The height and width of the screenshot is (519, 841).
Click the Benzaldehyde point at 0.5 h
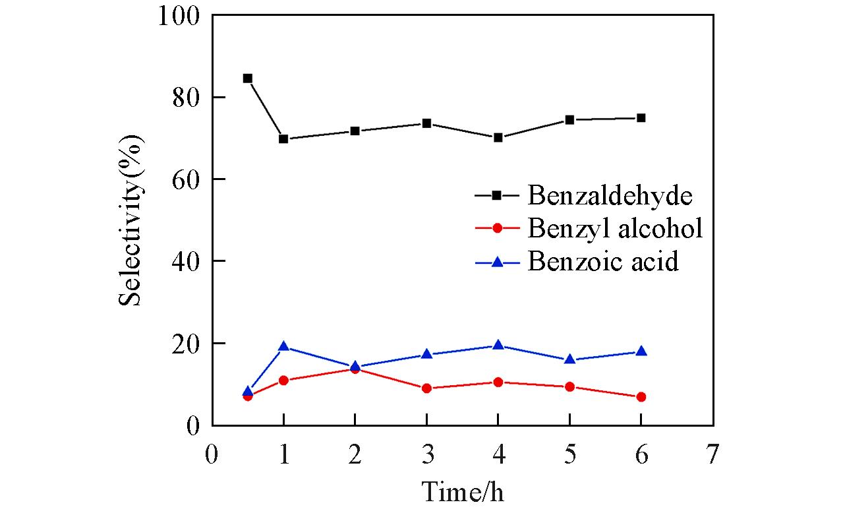[248, 78]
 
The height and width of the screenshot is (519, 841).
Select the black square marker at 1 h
[283, 139]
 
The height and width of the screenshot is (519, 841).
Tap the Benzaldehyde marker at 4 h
[498, 138]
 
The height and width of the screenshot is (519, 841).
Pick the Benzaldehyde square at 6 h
[641, 118]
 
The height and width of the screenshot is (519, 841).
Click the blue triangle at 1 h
[283, 346]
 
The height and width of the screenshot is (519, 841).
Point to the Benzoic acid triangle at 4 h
[498, 345]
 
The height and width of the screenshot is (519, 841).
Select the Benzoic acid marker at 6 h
[641, 351]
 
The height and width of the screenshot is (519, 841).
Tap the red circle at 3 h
[426, 388]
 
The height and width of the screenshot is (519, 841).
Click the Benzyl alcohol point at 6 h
[641, 397]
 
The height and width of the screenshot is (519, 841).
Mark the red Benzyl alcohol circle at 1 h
[283, 381]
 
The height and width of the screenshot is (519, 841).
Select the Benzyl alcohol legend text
[614, 228]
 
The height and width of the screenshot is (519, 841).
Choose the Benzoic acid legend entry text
[602, 262]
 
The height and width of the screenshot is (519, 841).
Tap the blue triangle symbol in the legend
[498, 262]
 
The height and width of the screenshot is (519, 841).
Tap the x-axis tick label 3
[426, 455]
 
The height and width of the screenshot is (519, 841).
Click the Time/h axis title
[463, 491]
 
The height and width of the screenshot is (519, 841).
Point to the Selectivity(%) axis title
[131, 220]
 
